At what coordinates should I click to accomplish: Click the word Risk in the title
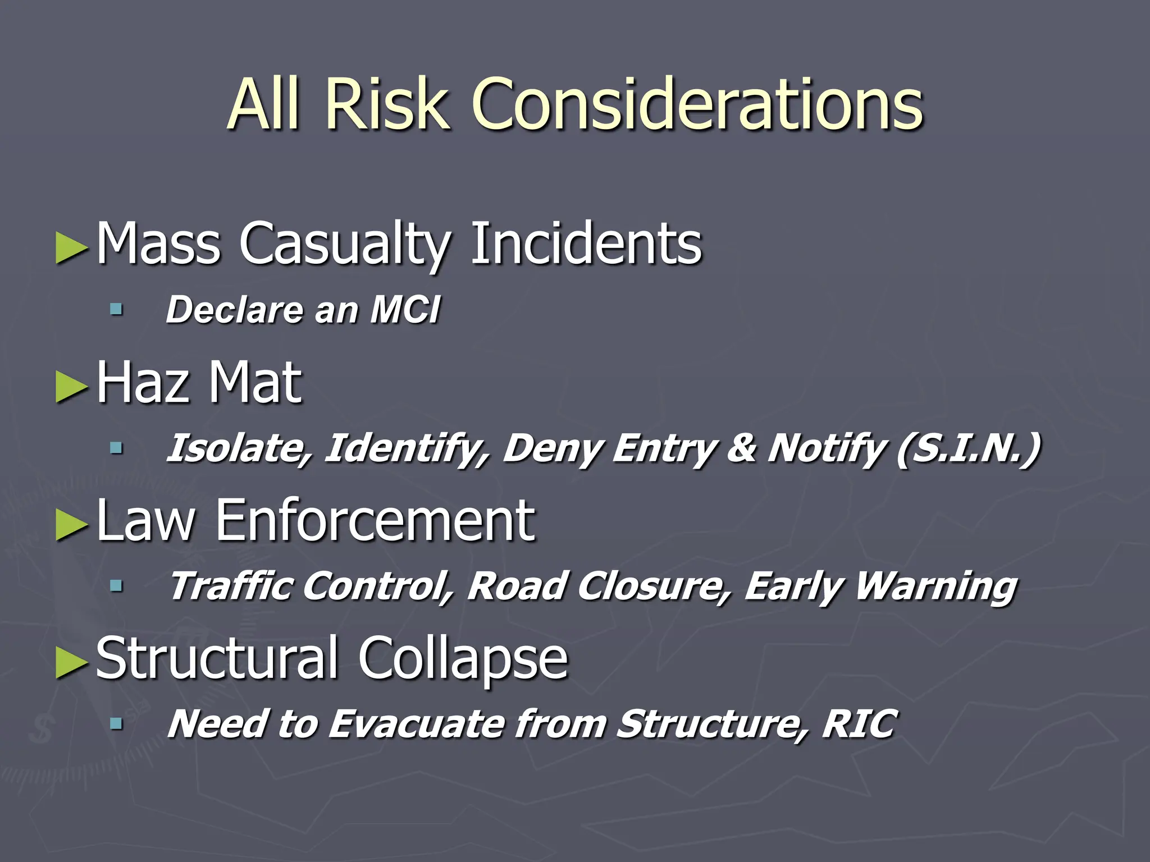(387, 104)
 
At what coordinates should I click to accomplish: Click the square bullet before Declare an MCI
(116, 309)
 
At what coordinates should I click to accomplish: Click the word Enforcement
(375, 520)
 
